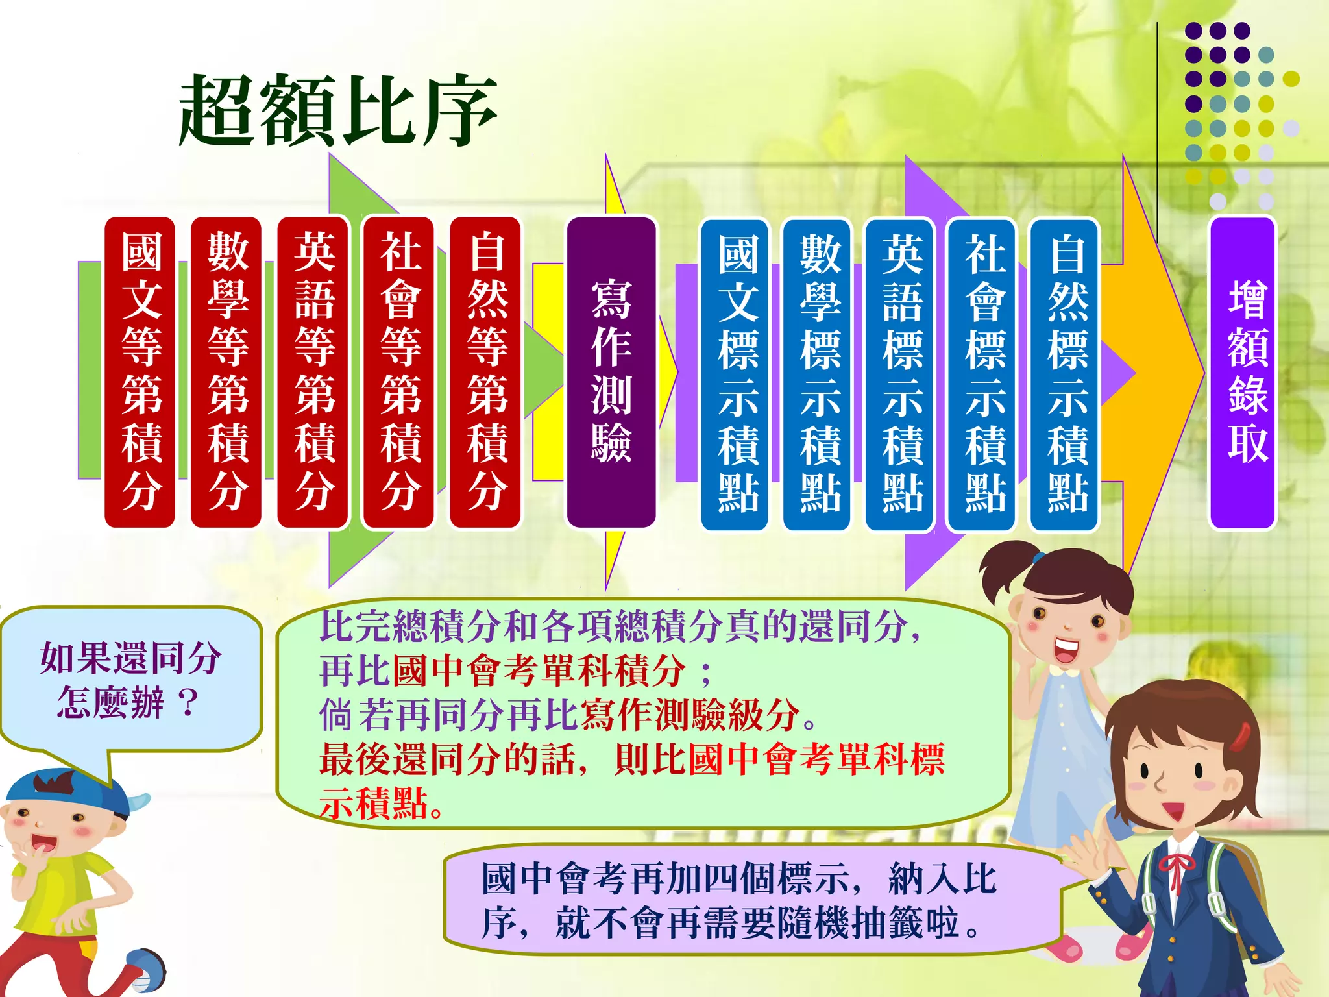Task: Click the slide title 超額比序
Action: (337, 110)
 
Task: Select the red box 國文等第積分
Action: (140, 373)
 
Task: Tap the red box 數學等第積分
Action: (226, 373)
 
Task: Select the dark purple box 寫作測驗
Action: (611, 373)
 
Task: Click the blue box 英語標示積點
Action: (900, 374)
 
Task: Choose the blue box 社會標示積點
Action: (982, 374)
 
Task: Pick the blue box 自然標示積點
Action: (1065, 374)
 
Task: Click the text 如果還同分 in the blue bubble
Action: (130, 658)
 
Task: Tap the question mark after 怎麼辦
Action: (188, 702)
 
